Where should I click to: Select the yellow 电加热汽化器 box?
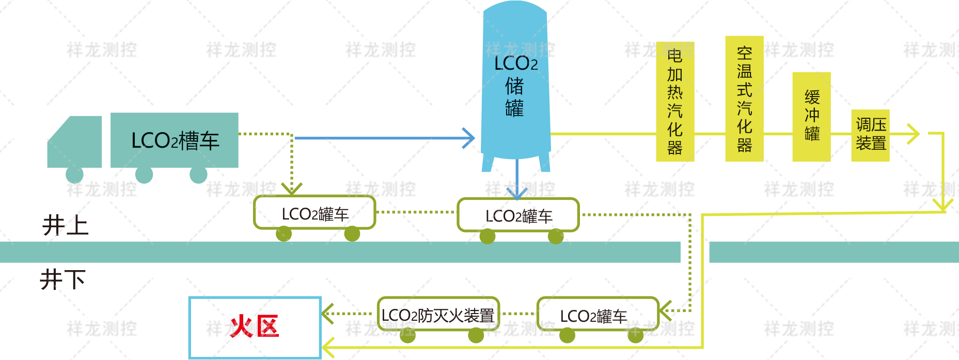tap(674, 102)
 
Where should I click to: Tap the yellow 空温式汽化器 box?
tap(744, 99)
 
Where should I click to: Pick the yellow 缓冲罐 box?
tap(811, 116)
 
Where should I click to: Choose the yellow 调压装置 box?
tap(870, 134)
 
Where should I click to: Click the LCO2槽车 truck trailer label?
tap(175, 140)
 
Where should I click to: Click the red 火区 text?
tap(254, 326)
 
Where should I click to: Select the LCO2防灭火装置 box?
tap(438, 314)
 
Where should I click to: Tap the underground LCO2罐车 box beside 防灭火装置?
tap(598, 314)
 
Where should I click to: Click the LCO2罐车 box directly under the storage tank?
tap(518, 215)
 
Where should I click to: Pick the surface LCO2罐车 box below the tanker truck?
tap(314, 213)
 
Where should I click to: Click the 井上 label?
tap(65, 226)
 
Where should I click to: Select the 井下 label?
tap(63, 279)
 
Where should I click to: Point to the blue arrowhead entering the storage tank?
tap(469, 138)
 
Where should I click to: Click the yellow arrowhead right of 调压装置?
tap(914, 133)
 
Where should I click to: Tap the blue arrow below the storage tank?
tap(516, 186)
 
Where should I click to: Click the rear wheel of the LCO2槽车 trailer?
tap(198, 175)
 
